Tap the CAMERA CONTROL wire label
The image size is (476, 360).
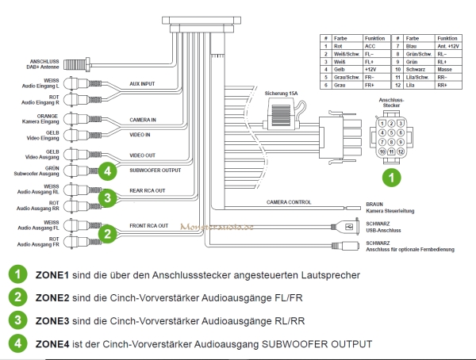(288, 203)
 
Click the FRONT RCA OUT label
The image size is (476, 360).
(149, 226)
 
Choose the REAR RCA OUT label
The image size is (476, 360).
(148, 190)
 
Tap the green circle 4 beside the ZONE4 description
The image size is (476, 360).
(17, 344)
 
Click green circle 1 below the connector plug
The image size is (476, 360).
(390, 177)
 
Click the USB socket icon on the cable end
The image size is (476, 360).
(350, 227)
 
